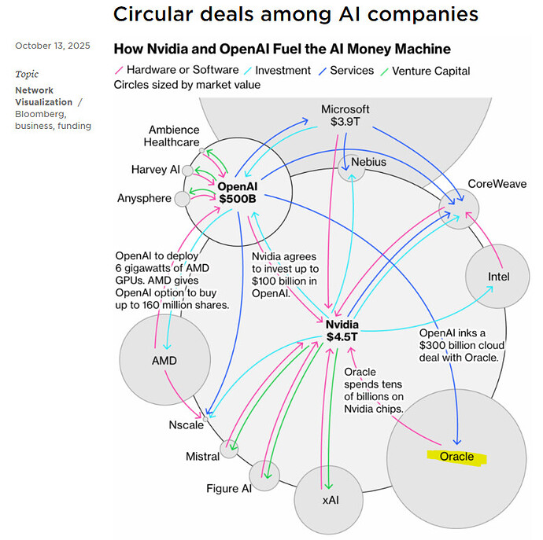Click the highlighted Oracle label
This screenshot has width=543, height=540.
coord(456,457)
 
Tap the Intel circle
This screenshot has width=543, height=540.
coord(498,277)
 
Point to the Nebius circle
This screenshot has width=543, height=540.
coord(351,166)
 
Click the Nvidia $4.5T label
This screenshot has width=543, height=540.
coord(342,331)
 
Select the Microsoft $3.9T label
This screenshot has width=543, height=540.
coord(345,116)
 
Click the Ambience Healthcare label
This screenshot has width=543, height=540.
coord(172,136)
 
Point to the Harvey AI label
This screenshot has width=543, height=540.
coord(155,170)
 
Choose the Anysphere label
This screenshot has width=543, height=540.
coord(143,198)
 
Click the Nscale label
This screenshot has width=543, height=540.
coord(186,425)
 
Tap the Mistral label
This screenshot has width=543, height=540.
coord(202,457)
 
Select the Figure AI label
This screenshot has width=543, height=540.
coord(228,489)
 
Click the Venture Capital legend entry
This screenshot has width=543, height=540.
coord(430,71)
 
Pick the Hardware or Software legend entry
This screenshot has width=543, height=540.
coord(171,71)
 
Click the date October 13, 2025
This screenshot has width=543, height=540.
coord(52,46)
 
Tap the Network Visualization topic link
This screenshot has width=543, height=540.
coord(43,97)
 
